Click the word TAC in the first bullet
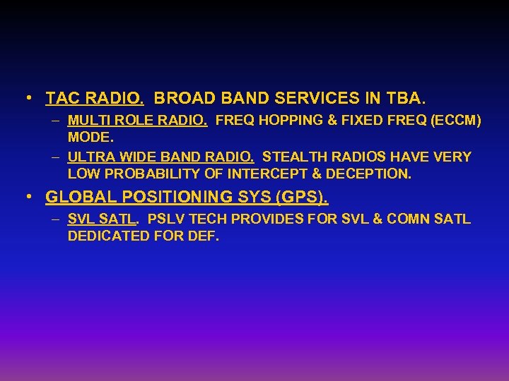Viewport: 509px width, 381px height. pyautogui.click(x=61, y=97)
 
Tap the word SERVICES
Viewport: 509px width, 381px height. pyautogui.click(x=315, y=97)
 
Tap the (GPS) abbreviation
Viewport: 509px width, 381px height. pyautogui.click(x=301, y=197)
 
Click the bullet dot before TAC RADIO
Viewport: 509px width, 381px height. pyautogui.click(x=26, y=97)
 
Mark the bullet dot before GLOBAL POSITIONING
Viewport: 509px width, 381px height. pyautogui.click(x=26, y=197)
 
